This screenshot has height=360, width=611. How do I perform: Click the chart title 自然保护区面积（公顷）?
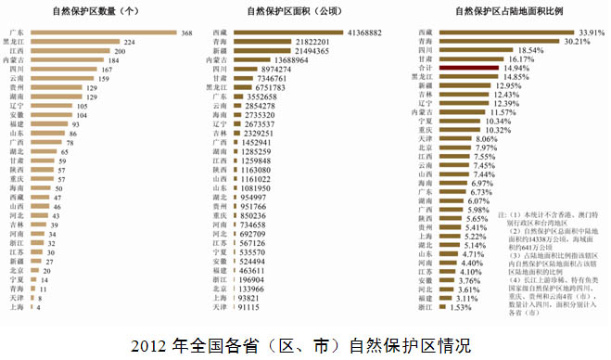[301, 12]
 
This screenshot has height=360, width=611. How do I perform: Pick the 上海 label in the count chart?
[16, 308]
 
